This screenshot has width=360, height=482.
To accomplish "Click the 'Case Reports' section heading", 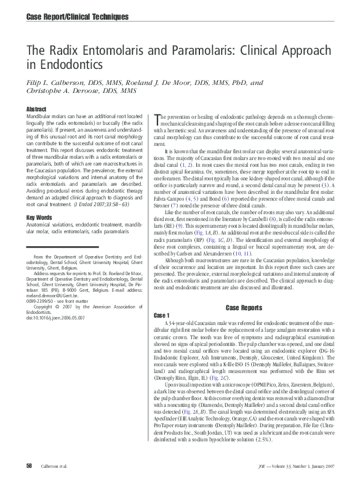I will point(244,307).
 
